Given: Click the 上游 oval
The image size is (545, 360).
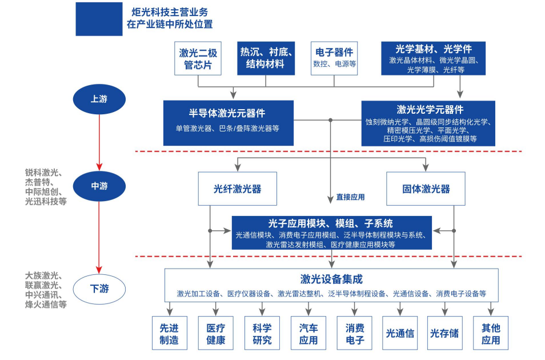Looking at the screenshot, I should pyautogui.click(x=99, y=99).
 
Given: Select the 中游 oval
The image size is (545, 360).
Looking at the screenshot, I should pyautogui.click(x=99, y=186).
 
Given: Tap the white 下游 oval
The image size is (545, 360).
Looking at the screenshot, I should pyautogui.click(x=99, y=289).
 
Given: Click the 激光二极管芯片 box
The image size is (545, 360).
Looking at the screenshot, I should pyautogui.click(x=198, y=58).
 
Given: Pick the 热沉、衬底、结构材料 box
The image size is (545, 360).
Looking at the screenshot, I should pyautogui.click(x=266, y=58).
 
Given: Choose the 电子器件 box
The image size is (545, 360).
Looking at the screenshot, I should pyautogui.click(x=334, y=58).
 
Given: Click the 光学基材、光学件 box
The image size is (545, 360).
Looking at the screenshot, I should pyautogui.click(x=433, y=58).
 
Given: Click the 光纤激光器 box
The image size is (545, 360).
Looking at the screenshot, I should pyautogui.click(x=238, y=189).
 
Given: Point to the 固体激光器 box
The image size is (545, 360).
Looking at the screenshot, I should pyautogui.click(x=426, y=189).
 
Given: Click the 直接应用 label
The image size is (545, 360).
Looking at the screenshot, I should pyautogui.click(x=350, y=197).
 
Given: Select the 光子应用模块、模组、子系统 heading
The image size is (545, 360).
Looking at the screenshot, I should pyautogui.click(x=331, y=223).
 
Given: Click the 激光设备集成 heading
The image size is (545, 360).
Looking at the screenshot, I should pyautogui.click(x=331, y=279).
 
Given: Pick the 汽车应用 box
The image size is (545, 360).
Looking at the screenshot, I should pyautogui.click(x=308, y=334).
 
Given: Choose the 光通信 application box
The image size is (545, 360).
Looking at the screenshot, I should pyautogui.click(x=400, y=334).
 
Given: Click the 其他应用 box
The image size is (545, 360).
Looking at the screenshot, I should pyautogui.click(x=491, y=334).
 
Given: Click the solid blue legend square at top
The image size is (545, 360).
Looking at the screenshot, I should pyautogui.click(x=99, y=19).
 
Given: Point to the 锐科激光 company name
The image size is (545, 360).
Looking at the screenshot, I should pyautogui.click(x=43, y=172).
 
